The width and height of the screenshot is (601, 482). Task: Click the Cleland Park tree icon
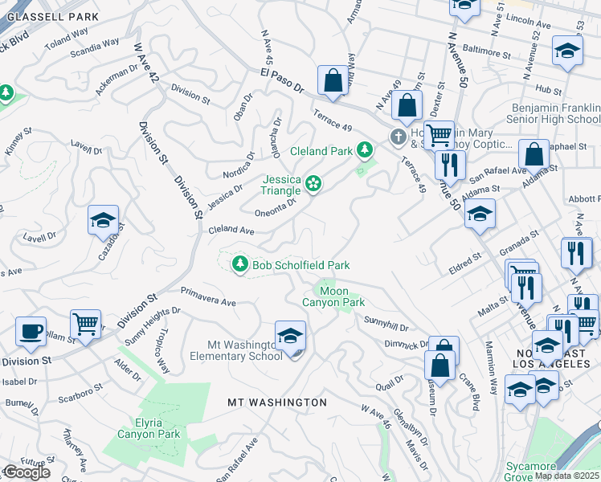365,149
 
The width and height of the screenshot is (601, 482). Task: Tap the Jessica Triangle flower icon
313,186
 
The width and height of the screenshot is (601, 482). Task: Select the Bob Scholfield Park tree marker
239,264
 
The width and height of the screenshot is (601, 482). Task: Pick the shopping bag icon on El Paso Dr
332,80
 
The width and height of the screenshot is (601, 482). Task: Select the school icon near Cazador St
104,220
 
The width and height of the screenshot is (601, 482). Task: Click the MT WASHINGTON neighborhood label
276,402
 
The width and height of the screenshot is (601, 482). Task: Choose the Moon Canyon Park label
333,296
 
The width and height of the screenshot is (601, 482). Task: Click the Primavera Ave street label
208,297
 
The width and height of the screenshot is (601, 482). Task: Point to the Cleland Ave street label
231,231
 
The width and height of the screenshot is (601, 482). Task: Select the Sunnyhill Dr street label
386,323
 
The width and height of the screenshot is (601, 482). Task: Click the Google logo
26,472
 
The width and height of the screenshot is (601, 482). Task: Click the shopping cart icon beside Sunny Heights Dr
85,324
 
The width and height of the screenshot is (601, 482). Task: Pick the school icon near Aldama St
480,214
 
